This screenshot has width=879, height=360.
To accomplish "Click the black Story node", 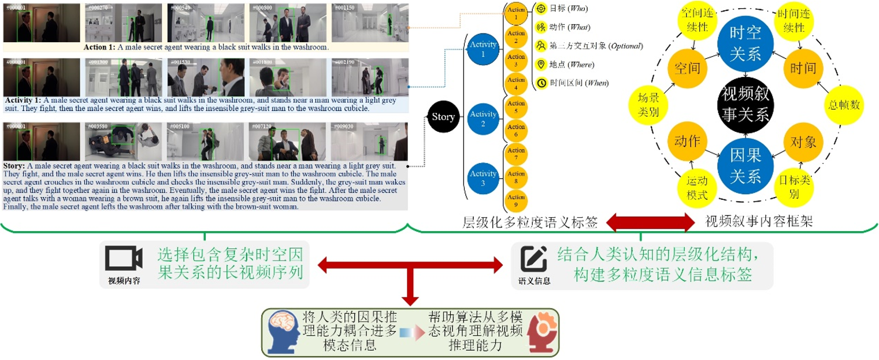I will click(x=443, y=117).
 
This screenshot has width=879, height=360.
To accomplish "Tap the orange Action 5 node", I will click(x=515, y=107).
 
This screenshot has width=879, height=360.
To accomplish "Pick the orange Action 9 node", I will click(x=515, y=201).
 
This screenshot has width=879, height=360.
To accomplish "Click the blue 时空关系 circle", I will click(x=746, y=43).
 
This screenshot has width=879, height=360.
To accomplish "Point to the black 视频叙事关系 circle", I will click(x=746, y=104).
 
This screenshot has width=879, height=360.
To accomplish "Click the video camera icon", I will click(x=124, y=258).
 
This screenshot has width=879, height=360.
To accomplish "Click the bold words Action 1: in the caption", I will click(x=99, y=47).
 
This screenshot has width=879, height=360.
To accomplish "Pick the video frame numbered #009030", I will click(x=369, y=141).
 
